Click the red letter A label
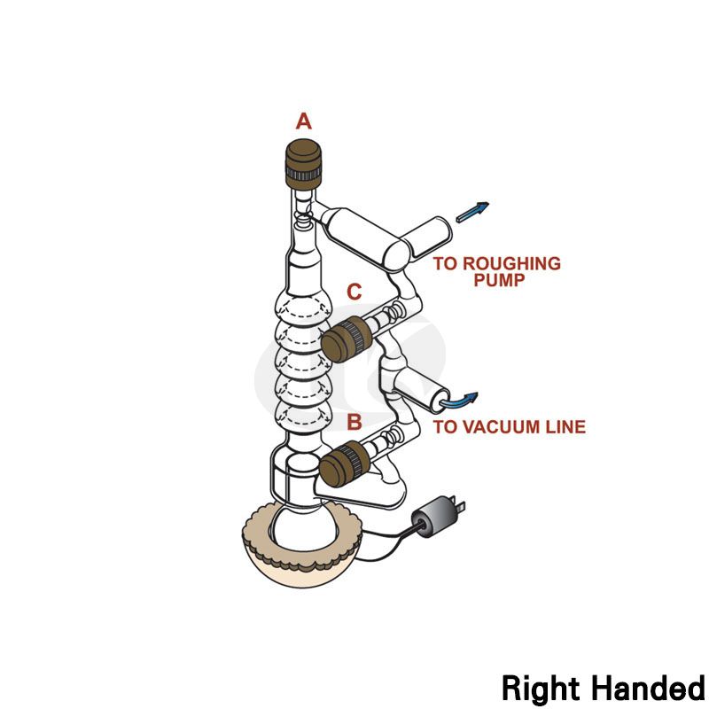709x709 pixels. [304, 121]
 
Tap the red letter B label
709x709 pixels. [354, 423]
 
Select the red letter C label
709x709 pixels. [354, 292]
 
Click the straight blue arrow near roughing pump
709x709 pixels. [471, 212]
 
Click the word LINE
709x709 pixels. [565, 427]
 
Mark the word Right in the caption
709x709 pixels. [540, 687]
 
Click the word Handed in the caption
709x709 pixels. [645, 687]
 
